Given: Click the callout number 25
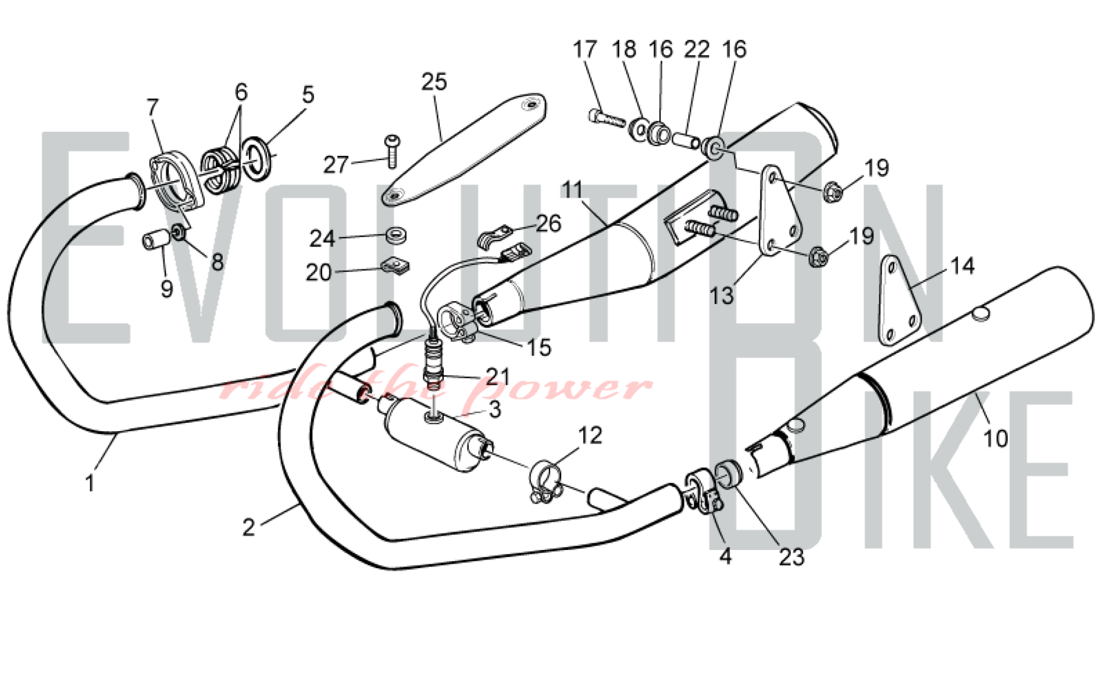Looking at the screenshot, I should coord(434,82).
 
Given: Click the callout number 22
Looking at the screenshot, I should coord(696,49).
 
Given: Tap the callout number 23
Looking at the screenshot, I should coord(791,557).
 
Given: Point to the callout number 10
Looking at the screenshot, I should coord(995,438).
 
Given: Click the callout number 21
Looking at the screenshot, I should coord(498,377).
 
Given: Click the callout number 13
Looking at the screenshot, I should coord(723,295).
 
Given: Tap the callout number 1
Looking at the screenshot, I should coord(90,483).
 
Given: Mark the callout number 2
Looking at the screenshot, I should coord(248,527).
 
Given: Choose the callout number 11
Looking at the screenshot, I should coord(572,190).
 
